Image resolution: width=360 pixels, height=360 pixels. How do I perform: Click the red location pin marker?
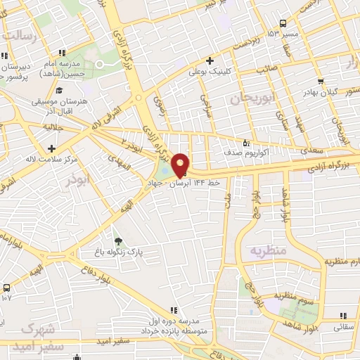(180, 165)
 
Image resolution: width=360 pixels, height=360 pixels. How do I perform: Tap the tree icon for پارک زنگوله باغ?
(117, 241)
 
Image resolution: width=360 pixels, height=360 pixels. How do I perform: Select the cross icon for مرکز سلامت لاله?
(51, 148)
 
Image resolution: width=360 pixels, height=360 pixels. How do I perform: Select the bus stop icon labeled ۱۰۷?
(7, 288)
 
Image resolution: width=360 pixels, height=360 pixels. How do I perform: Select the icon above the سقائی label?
(344, 316)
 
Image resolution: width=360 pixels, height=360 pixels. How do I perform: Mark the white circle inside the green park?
(100, 64)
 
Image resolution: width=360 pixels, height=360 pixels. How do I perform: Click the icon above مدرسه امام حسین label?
(63, 52)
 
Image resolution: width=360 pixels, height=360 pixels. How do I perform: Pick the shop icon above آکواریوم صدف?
(245, 141)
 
